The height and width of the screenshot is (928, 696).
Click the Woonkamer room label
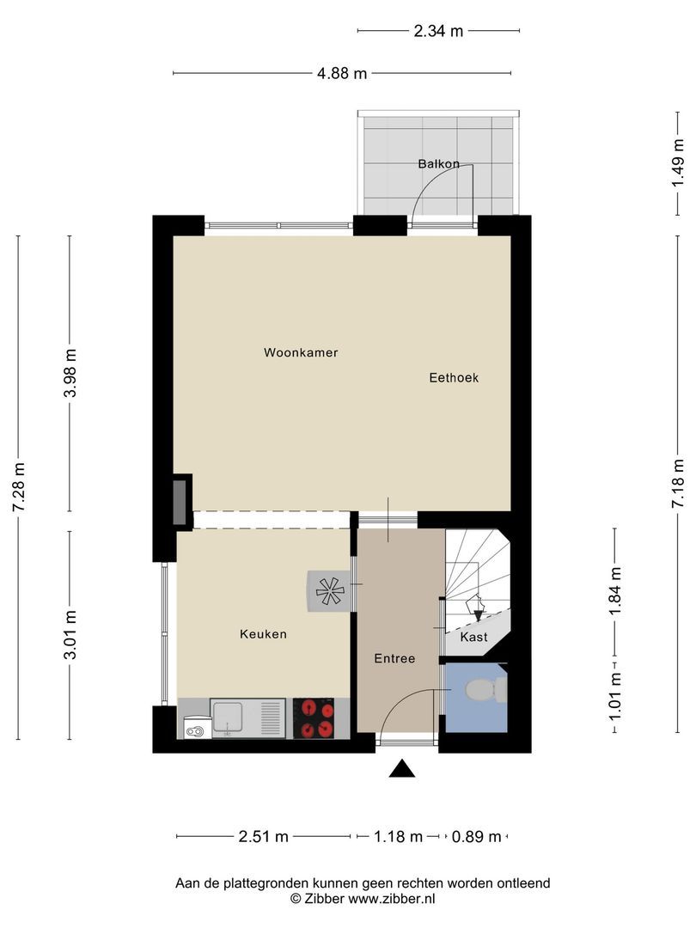[301, 353]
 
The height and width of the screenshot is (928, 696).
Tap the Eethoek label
[454, 377]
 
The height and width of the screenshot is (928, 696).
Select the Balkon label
[438, 164]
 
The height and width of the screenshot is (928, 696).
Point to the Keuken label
[264, 634]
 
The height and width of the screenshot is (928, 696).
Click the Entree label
[394, 659]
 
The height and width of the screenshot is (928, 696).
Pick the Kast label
[474, 637]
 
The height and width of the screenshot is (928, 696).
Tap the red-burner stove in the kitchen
[314, 717]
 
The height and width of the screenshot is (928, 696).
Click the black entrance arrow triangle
[402, 768]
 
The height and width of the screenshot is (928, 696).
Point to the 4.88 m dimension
[342, 73]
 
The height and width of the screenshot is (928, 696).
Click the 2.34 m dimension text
[438, 31]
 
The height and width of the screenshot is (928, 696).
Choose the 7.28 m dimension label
[19, 487]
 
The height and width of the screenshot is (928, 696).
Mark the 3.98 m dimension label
[70, 373]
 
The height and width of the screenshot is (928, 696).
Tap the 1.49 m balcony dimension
[678, 163]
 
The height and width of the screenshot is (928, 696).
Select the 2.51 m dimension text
[264, 836]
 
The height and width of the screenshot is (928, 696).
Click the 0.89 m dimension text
[476, 836]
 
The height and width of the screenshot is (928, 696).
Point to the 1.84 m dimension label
[615, 591]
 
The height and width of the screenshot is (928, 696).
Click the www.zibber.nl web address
[391, 899]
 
